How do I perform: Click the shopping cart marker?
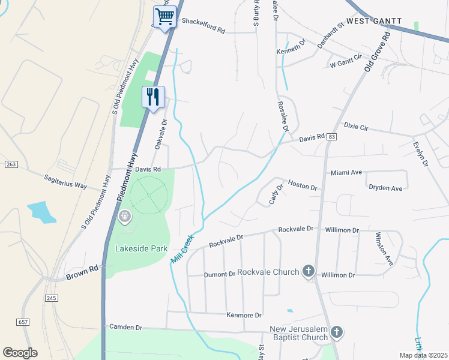click(x=164, y=16)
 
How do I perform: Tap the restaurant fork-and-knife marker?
click(x=152, y=97)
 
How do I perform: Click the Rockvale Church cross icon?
click(x=309, y=271)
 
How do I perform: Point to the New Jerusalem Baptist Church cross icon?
click(x=337, y=331)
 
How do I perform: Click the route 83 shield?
click(x=331, y=137)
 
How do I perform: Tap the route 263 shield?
click(x=10, y=164)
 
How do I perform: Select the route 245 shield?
click(x=51, y=298)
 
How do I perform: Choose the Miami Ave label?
click(x=346, y=173)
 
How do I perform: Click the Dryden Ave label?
click(x=385, y=188)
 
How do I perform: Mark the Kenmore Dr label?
click(x=244, y=315)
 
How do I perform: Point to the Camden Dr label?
click(x=125, y=328)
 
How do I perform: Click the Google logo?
click(x=20, y=352)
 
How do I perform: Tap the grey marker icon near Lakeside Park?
click(x=125, y=216)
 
